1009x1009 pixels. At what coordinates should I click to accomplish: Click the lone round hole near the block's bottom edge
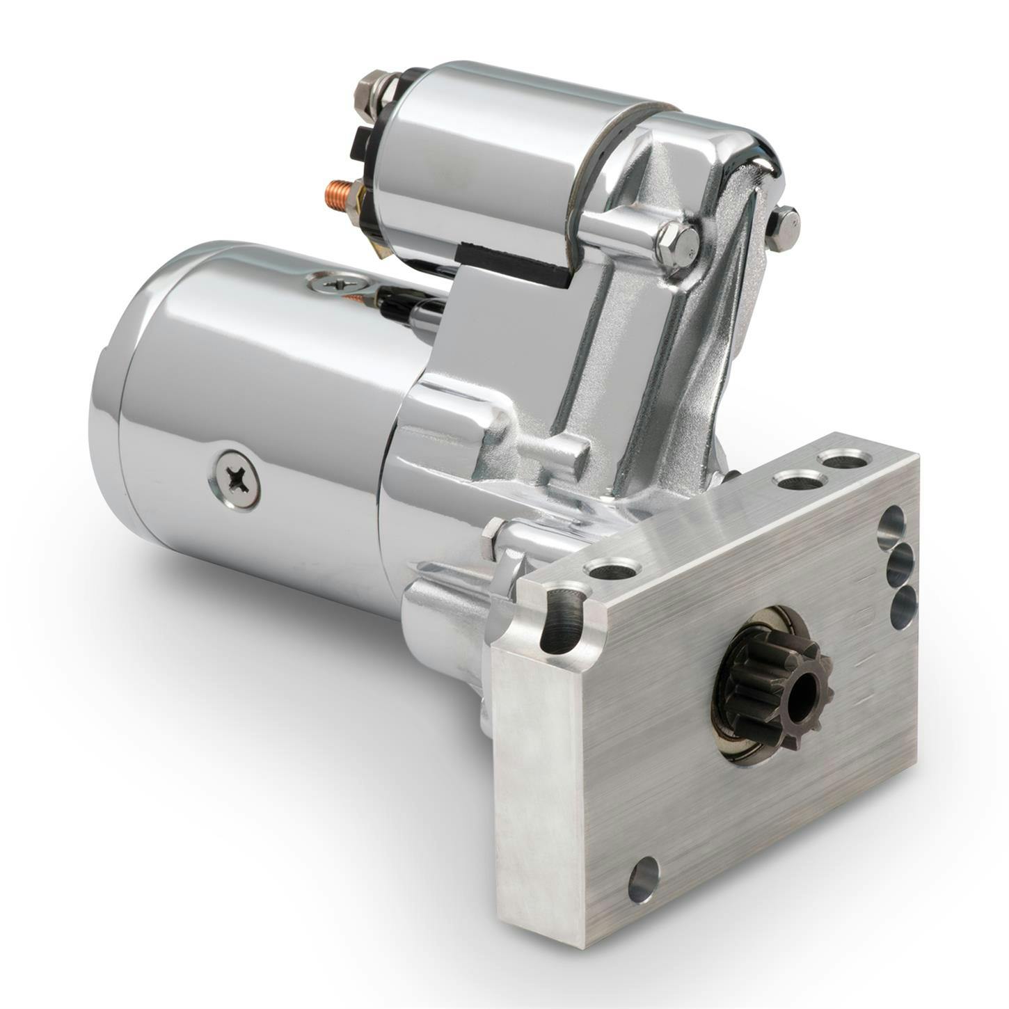tap(643, 880)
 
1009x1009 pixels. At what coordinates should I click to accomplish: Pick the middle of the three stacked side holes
tap(900, 564)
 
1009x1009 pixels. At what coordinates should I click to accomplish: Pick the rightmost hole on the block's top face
tap(843, 460)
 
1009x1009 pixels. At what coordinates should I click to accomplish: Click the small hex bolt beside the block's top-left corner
tap(493, 538)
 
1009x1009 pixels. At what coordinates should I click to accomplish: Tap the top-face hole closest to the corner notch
tap(611, 571)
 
